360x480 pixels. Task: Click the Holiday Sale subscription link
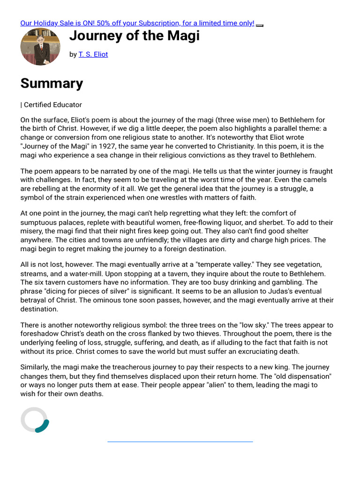click(x=137, y=23)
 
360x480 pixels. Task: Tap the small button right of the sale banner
click(x=260, y=25)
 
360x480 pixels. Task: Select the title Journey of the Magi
click(x=135, y=35)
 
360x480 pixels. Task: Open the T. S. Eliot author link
click(x=93, y=54)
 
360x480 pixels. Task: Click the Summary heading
click(x=52, y=83)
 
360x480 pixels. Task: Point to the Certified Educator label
click(x=52, y=105)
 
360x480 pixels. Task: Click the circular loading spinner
click(x=35, y=420)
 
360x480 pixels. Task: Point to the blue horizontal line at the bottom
click(x=180, y=442)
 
